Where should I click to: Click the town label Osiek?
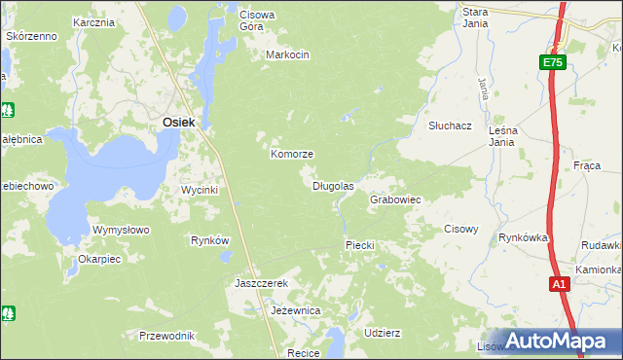[x=179, y=122]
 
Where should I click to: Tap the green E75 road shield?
[x=552, y=62]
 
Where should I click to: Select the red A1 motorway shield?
[x=558, y=284]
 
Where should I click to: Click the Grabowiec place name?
[x=394, y=199]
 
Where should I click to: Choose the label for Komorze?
[x=291, y=155]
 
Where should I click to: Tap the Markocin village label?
[x=287, y=55]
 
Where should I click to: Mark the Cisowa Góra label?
[x=258, y=20]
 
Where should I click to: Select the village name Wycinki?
[x=200, y=190]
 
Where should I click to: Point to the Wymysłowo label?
[x=120, y=230]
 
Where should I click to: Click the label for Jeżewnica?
[x=296, y=310]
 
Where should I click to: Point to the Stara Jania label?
[x=475, y=16]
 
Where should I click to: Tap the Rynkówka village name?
[x=524, y=237]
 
